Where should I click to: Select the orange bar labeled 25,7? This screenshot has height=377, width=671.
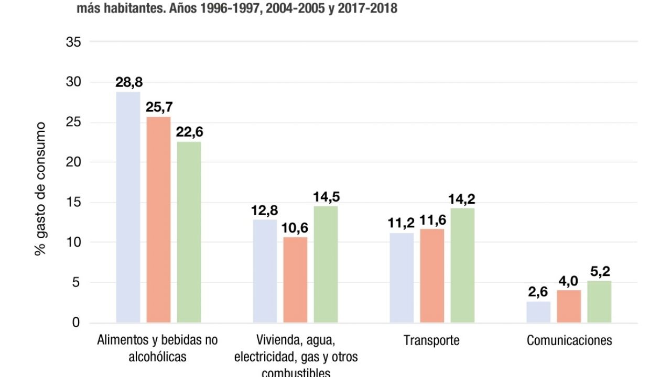(x=158, y=219)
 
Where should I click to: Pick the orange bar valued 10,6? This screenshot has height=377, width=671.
(x=295, y=280)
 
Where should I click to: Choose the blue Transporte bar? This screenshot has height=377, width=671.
(x=402, y=278)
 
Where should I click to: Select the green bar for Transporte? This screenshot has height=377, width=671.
(x=462, y=265)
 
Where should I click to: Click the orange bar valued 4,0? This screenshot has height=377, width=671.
(x=569, y=306)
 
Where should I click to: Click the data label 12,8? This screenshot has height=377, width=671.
(x=265, y=211)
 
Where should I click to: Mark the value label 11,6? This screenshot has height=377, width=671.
(x=432, y=220)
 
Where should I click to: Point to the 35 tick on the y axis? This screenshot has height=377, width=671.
(x=73, y=42)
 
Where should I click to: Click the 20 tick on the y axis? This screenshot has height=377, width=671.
(x=73, y=162)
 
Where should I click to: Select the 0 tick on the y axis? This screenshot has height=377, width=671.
(x=77, y=323)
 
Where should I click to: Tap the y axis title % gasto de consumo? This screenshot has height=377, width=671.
(x=41, y=189)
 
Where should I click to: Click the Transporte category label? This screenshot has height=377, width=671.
(x=431, y=340)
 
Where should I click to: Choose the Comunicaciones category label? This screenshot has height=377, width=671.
(x=569, y=340)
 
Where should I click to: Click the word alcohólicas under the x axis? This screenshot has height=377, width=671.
(x=157, y=357)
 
